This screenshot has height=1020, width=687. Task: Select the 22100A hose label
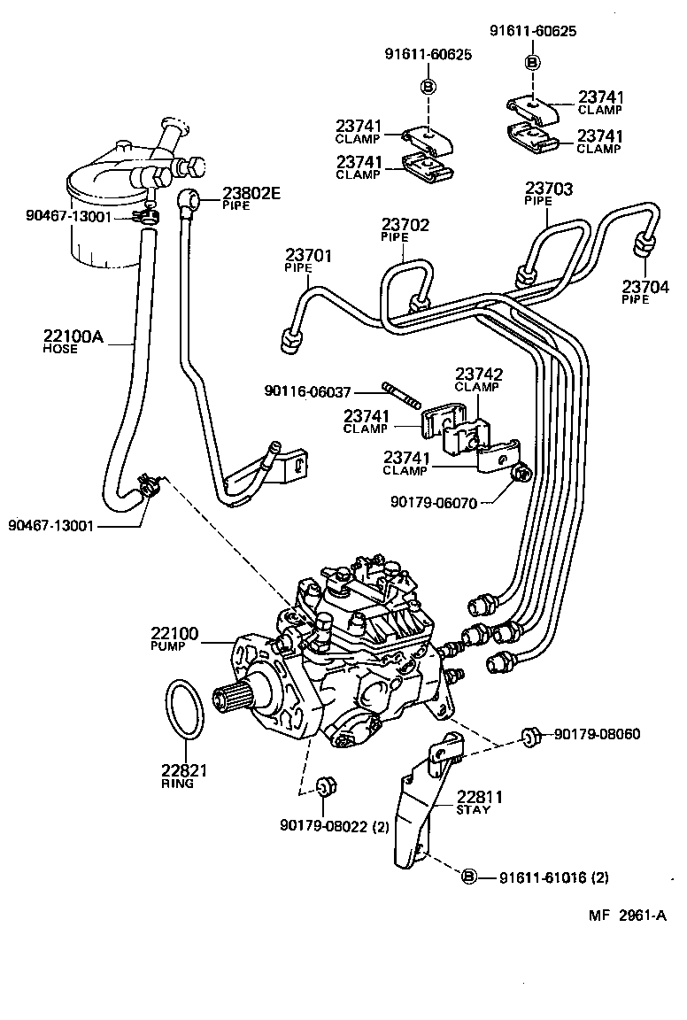(x=73, y=336)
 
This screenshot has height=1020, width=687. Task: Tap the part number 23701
(x=307, y=256)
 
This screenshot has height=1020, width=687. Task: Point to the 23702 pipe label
(x=405, y=226)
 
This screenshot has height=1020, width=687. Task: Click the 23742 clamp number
(x=479, y=375)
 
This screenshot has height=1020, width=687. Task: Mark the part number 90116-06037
(x=307, y=390)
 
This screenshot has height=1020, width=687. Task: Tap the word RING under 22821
(x=177, y=784)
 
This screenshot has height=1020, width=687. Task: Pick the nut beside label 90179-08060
(x=530, y=734)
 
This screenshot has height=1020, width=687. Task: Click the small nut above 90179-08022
(x=323, y=785)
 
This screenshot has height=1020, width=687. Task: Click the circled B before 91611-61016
(x=469, y=877)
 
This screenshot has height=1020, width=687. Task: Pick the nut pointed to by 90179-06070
(x=522, y=474)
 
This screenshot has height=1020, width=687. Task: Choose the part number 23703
(x=548, y=189)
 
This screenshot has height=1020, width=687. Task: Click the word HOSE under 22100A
(x=60, y=350)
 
